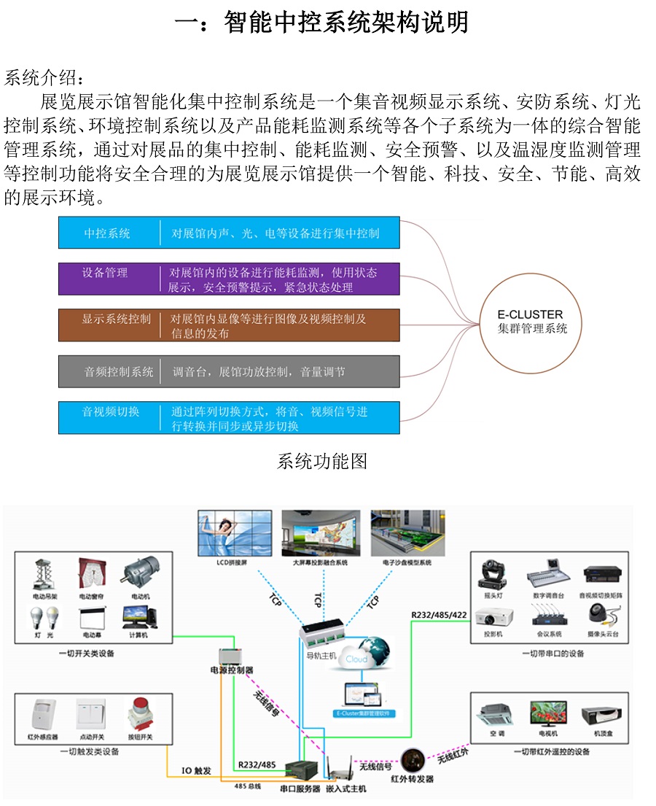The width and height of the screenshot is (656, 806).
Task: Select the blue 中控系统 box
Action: point(229,233)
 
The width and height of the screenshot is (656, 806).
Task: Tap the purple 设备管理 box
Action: point(229,279)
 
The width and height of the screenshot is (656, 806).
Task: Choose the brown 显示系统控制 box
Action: point(229,325)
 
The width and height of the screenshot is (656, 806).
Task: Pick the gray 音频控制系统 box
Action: point(229,371)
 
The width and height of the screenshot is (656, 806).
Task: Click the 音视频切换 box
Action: point(229,418)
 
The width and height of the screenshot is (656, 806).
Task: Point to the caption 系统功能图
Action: point(322,461)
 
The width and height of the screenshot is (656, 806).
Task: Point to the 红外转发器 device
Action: point(413,762)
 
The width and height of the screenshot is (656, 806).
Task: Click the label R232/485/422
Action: point(437,615)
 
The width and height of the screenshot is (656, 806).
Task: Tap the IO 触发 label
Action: point(196,770)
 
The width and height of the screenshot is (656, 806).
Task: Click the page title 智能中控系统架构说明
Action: point(322,23)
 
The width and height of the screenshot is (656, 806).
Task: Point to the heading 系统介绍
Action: point(44,78)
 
